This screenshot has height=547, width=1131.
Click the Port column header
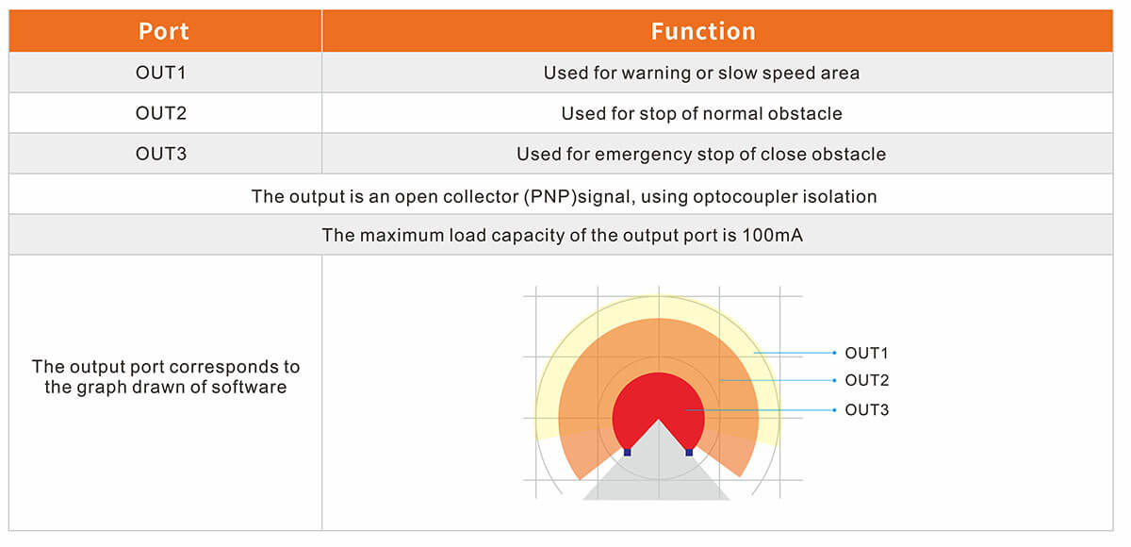(x=164, y=31)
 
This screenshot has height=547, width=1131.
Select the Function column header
(x=703, y=31)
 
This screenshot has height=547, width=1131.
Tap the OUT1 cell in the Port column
(x=160, y=73)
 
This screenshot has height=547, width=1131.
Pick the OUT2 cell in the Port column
(x=161, y=113)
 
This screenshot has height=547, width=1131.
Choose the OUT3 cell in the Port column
(x=161, y=154)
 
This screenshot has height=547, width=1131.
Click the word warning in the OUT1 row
(x=656, y=74)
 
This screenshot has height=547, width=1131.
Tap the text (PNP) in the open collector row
(x=550, y=196)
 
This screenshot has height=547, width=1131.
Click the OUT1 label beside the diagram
(x=866, y=353)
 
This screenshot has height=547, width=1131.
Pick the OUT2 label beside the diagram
(x=867, y=380)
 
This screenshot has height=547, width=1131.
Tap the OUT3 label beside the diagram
(x=867, y=409)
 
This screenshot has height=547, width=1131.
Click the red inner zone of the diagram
(x=659, y=399)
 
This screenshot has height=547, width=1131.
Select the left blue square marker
(x=627, y=452)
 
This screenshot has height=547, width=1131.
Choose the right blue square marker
(x=689, y=452)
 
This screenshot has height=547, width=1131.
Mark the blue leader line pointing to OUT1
(x=795, y=353)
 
